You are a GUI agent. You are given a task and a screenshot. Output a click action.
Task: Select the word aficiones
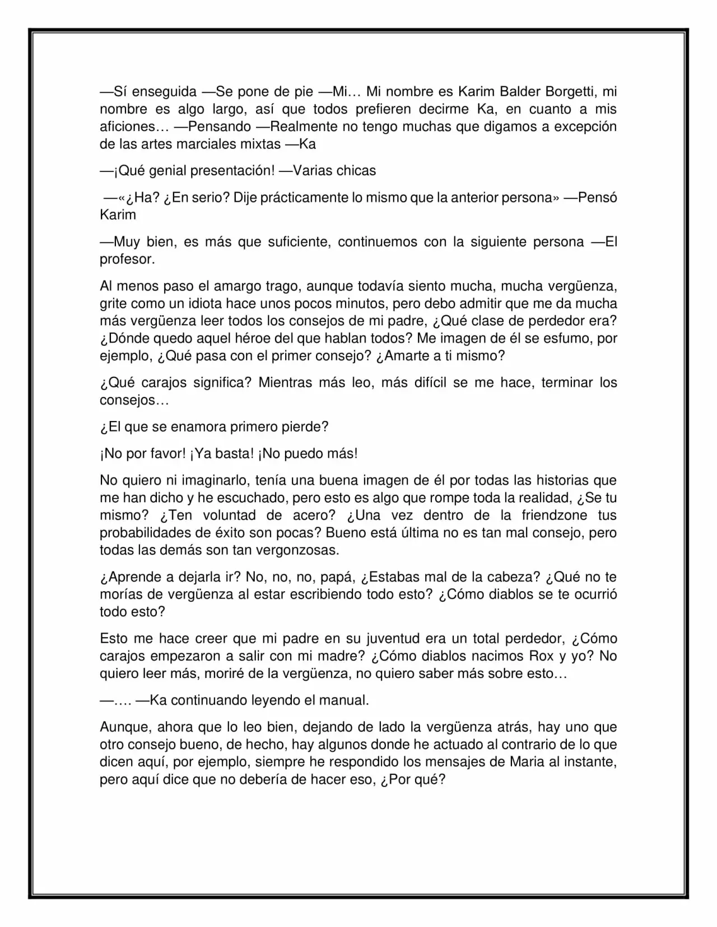coord(126,127)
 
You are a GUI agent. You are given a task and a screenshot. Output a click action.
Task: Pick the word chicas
coord(356,171)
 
